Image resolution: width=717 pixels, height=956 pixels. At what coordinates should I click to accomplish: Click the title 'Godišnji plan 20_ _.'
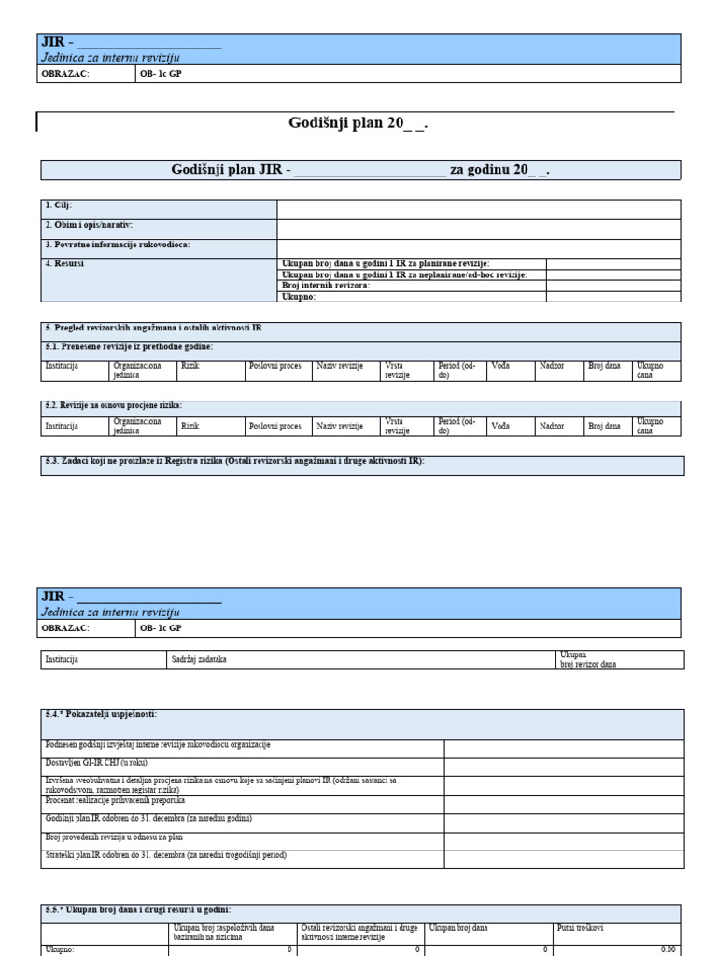point(360,124)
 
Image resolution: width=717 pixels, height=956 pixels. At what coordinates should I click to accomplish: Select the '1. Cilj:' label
point(59,204)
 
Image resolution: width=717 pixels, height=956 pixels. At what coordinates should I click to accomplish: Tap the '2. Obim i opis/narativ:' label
point(89,225)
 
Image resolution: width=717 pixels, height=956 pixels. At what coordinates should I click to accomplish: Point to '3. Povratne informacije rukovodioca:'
point(117,245)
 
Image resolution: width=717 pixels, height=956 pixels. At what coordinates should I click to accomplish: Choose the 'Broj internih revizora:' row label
point(326,286)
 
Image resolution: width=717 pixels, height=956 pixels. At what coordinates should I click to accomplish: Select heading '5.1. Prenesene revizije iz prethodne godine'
point(129,346)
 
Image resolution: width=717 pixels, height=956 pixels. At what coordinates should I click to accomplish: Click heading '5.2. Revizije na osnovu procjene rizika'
point(113,405)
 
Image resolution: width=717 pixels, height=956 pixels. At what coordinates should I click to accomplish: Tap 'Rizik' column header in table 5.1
point(190,367)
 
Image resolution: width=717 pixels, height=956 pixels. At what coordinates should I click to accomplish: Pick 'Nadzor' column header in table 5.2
point(552,426)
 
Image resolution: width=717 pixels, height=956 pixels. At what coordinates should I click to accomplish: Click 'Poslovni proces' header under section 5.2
point(275,426)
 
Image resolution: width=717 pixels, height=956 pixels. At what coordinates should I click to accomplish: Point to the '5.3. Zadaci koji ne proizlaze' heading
point(234,460)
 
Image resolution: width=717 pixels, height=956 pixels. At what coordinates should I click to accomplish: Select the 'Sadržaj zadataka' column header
point(199,659)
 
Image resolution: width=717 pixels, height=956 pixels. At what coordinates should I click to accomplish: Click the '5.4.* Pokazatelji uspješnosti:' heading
point(101,714)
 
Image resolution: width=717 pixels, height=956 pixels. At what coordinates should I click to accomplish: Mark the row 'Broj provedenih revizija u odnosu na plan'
point(114,837)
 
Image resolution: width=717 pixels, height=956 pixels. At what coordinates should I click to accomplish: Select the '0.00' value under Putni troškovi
point(668,949)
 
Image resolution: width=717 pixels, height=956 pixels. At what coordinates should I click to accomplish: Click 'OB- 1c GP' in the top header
point(161,73)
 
